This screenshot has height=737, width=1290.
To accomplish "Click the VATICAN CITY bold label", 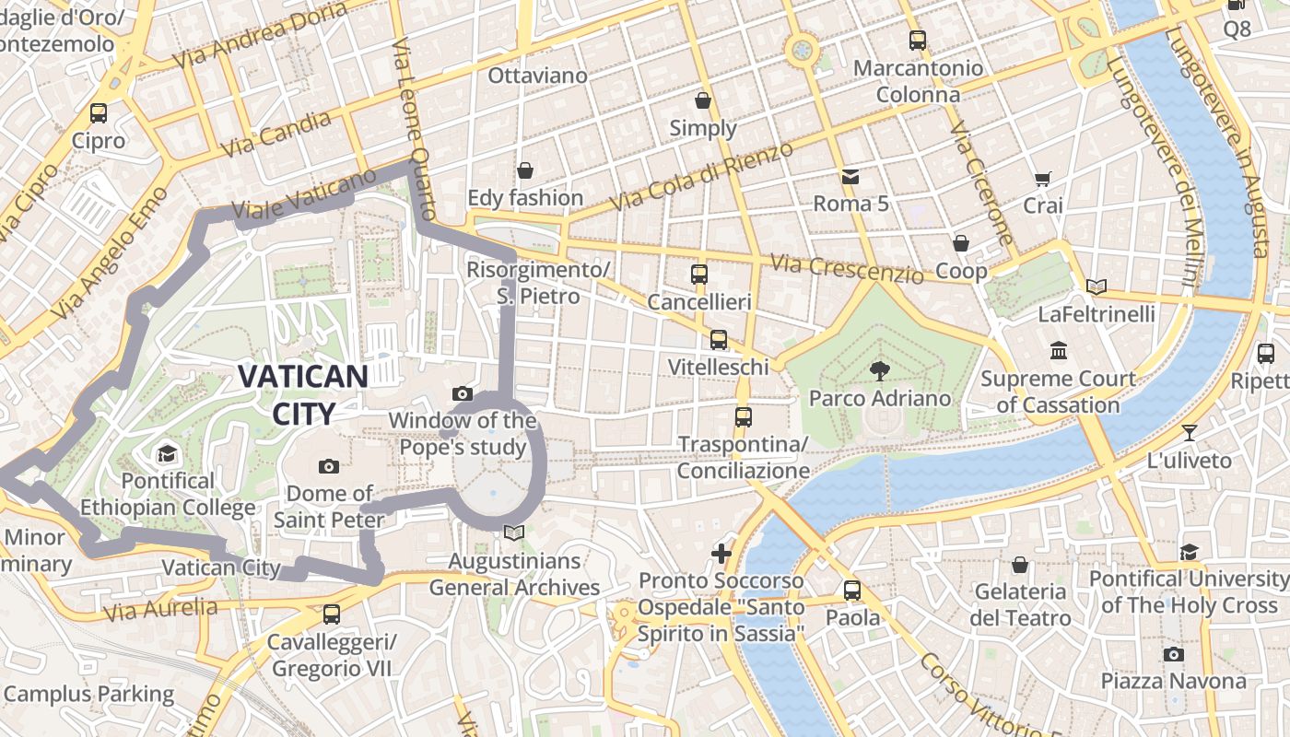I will pyautogui.click(x=303, y=393).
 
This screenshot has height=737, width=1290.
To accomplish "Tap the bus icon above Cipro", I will pyautogui.click(x=99, y=113).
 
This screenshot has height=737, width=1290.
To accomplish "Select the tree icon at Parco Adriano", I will pyautogui.click(x=880, y=370).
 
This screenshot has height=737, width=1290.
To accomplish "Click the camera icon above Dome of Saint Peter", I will pyautogui.click(x=328, y=466).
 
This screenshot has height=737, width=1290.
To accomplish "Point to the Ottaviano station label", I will pyautogui.click(x=537, y=76).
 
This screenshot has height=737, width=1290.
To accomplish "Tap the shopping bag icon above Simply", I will pyautogui.click(x=703, y=100).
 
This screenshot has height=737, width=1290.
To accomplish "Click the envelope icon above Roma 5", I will pyautogui.click(x=850, y=176).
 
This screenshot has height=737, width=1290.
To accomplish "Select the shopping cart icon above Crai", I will pyautogui.click(x=1042, y=179).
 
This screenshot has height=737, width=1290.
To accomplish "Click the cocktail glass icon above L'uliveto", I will pyautogui.click(x=1190, y=432).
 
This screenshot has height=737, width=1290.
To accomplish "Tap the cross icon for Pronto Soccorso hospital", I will pyautogui.click(x=721, y=554).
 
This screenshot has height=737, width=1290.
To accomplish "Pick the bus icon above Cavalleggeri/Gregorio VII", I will pyautogui.click(x=331, y=614).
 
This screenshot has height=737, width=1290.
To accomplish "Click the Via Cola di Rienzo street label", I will pyautogui.click(x=700, y=176).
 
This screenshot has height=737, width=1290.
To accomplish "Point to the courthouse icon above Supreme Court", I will pyautogui.click(x=1058, y=351).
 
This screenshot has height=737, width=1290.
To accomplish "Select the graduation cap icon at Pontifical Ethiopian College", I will pyautogui.click(x=167, y=453).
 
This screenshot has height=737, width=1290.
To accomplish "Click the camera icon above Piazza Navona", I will pyautogui.click(x=1173, y=654).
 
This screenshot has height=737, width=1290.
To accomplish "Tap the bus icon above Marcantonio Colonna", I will pyautogui.click(x=917, y=41).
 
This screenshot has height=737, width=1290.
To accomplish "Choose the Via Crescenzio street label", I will pyautogui.click(x=847, y=269).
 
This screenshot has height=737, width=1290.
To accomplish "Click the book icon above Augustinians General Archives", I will pyautogui.click(x=514, y=532).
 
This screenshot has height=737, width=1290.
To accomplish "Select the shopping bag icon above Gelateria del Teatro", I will pyautogui.click(x=1019, y=564).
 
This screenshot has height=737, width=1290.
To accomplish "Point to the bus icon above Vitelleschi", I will pyautogui.click(x=719, y=340).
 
